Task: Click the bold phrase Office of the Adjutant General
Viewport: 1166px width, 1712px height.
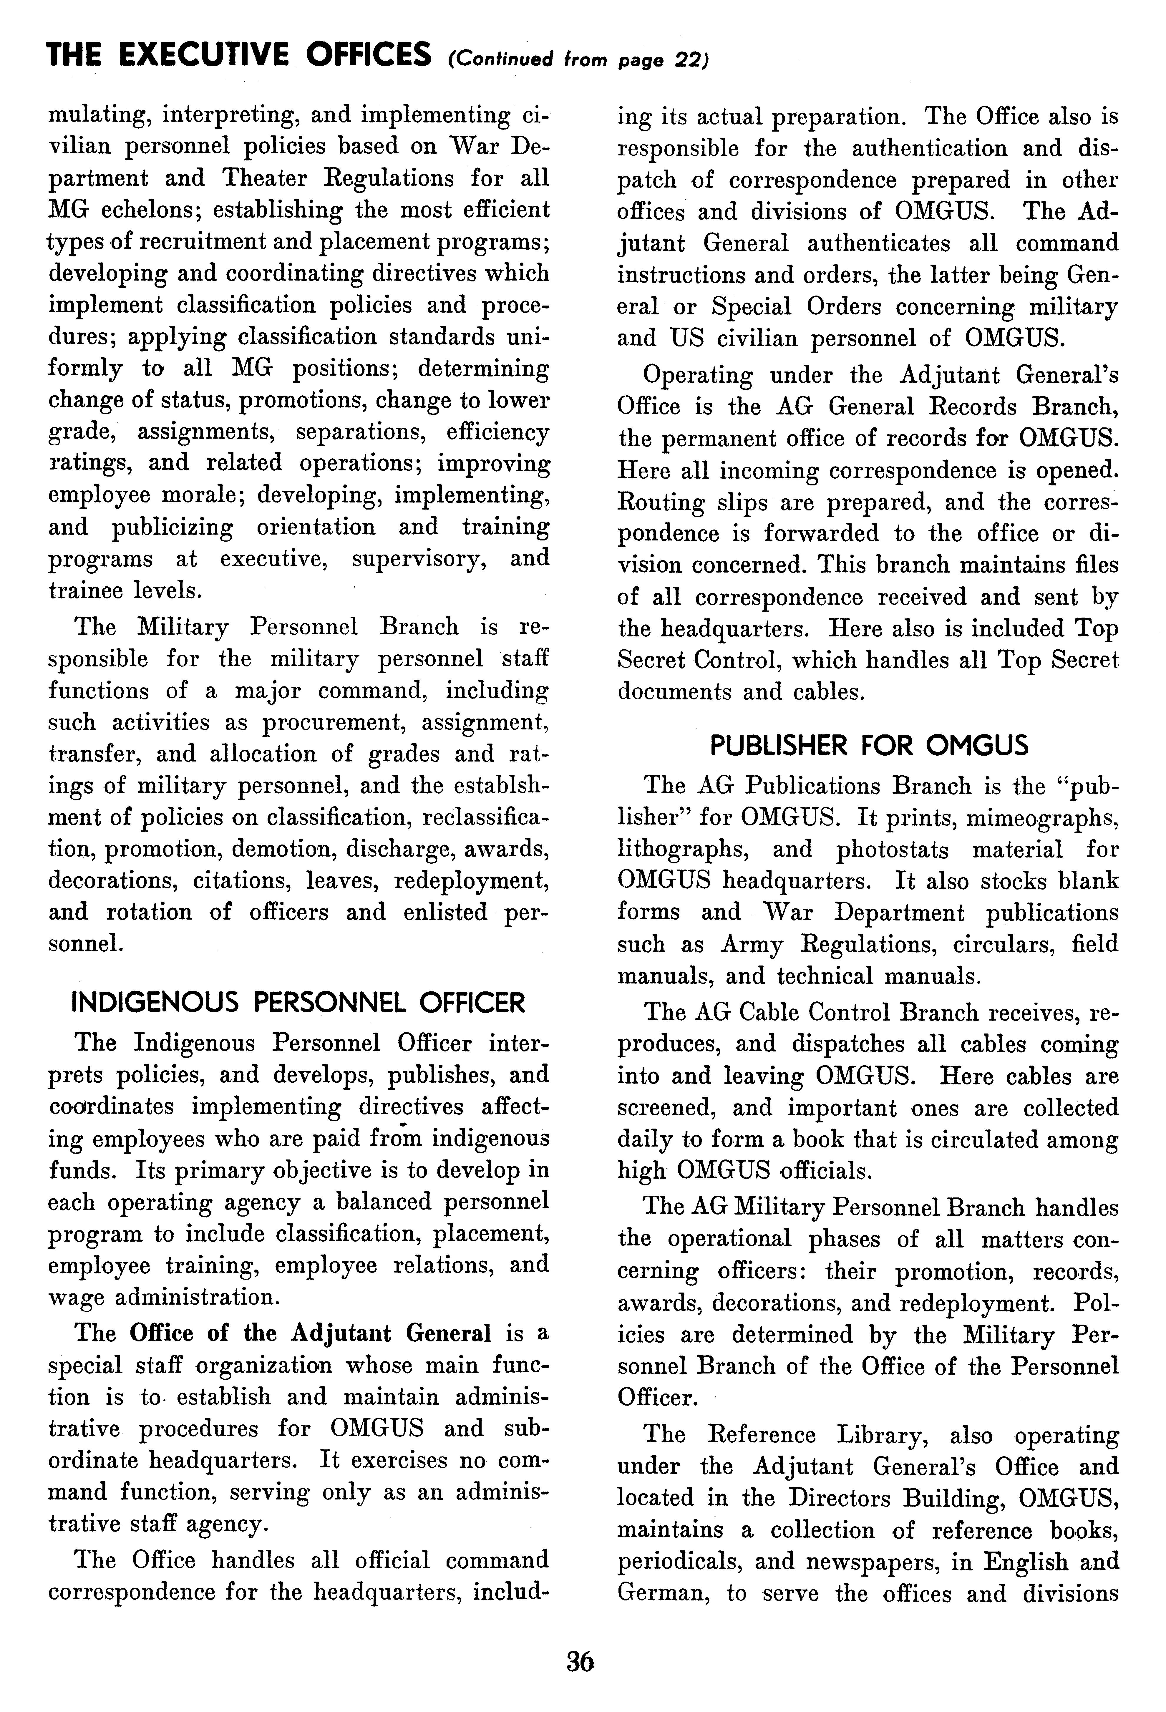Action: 310,1333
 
